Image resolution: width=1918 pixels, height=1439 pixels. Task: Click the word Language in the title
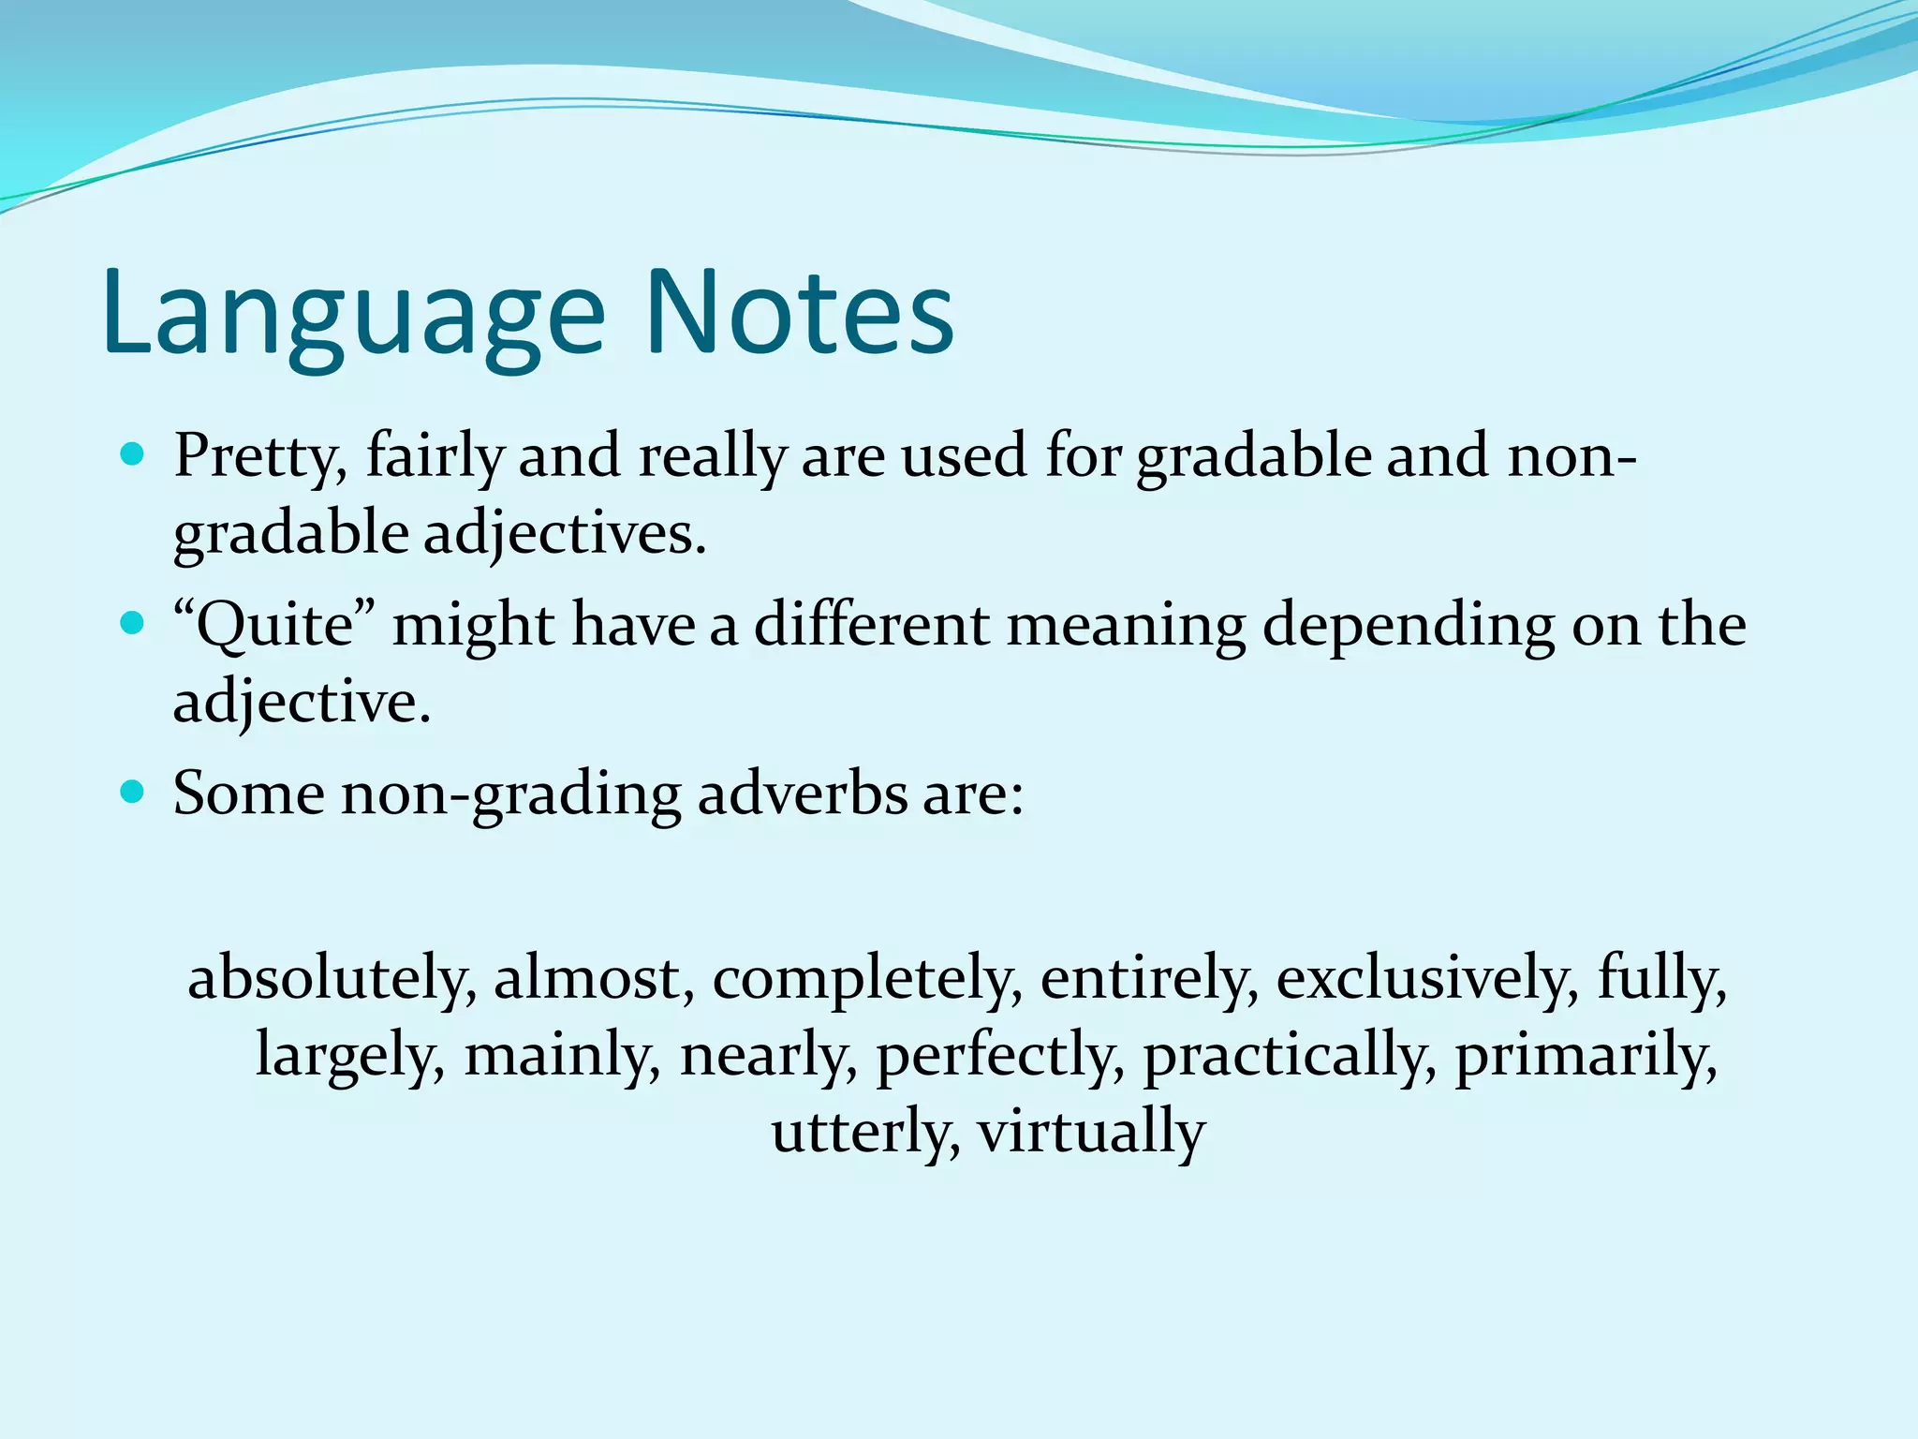point(354,314)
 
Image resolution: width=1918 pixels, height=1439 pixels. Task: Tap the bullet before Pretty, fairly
point(133,456)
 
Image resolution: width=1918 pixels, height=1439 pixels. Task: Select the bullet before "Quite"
point(133,623)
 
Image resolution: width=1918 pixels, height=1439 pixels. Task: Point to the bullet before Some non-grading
point(133,793)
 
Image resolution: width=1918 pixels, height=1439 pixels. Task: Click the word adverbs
point(801,794)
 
